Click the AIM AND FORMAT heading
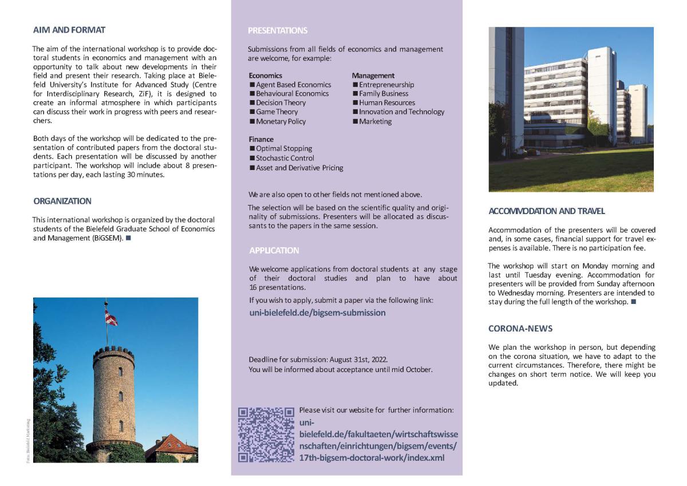click(x=69, y=30)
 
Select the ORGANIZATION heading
click(x=62, y=201)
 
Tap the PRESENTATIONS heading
click(x=278, y=30)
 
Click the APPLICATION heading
click(x=274, y=250)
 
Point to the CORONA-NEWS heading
click(x=520, y=329)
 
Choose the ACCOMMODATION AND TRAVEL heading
click(x=547, y=211)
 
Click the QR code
click(x=266, y=434)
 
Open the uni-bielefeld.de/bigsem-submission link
click(x=317, y=313)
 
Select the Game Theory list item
click(x=277, y=112)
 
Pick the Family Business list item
click(x=384, y=93)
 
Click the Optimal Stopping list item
click(x=283, y=148)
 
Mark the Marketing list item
click(x=375, y=121)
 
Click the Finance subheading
click(x=261, y=139)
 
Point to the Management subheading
click(x=373, y=75)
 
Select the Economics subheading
click(x=265, y=75)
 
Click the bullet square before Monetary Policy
click(x=252, y=121)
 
